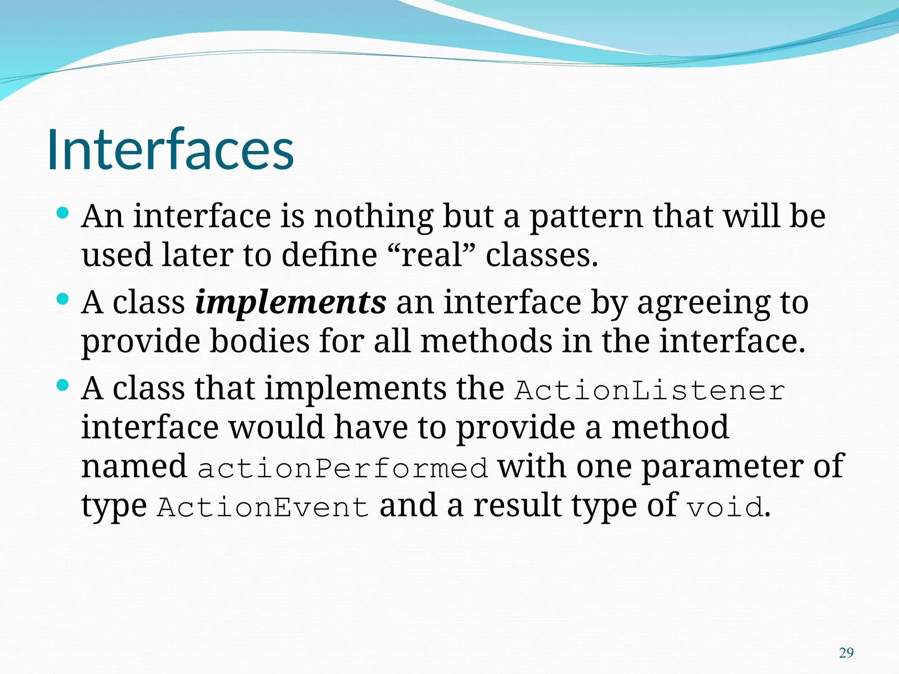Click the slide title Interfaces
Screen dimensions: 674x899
tap(170, 150)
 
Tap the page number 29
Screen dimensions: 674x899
tap(846, 653)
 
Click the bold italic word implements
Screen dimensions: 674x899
tap(291, 303)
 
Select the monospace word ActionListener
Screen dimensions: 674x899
tap(650, 391)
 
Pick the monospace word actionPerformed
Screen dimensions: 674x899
tap(342, 468)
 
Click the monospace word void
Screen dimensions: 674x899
tap(725, 507)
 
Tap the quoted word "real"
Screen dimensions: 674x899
tap(432, 255)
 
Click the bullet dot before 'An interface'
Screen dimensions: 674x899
tap(63, 214)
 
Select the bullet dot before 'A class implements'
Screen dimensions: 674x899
tap(63, 300)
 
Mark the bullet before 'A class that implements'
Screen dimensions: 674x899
tap(63, 386)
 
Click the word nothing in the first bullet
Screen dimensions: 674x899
tap(374, 217)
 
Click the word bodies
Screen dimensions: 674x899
tap(259, 341)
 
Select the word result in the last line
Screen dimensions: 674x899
tap(518, 505)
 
